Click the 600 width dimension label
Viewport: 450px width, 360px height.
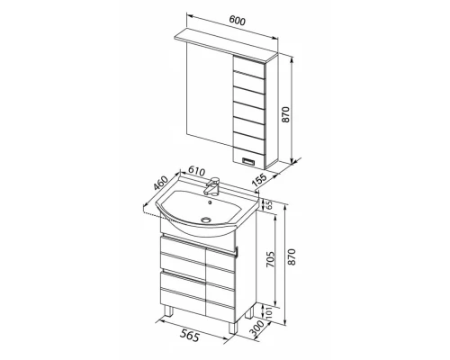click(238, 21)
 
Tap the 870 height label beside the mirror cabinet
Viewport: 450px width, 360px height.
click(285, 114)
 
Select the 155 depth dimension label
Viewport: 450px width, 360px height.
click(259, 179)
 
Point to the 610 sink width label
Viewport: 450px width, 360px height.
click(196, 172)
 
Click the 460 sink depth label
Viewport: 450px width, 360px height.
click(160, 183)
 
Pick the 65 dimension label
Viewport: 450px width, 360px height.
click(269, 205)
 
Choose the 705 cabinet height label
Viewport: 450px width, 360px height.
click(270, 259)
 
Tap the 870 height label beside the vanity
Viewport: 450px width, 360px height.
click(292, 256)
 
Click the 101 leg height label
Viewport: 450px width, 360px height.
click(269, 312)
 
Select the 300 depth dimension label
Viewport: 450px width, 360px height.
click(257, 328)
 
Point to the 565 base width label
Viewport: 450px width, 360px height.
click(190, 335)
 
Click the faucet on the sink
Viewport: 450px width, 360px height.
click(212, 186)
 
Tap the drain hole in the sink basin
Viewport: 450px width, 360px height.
click(206, 220)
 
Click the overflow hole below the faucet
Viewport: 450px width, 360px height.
click(210, 202)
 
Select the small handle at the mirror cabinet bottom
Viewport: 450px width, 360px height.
click(248, 161)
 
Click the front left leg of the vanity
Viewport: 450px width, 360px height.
click(169, 311)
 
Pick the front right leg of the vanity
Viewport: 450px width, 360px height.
click(233, 328)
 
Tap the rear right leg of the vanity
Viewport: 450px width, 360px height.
click(249, 312)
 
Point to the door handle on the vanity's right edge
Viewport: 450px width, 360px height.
click(237, 253)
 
